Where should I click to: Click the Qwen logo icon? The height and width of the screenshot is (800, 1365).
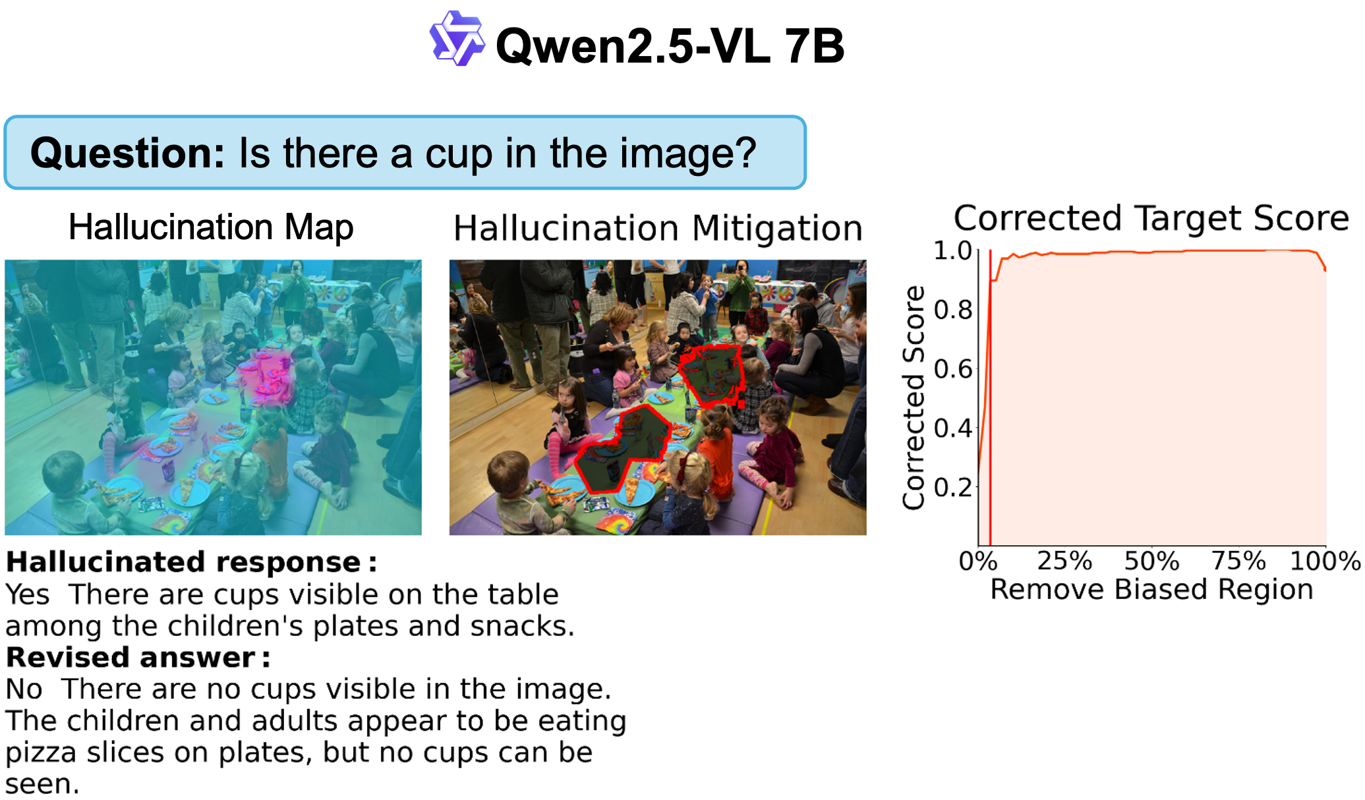point(457,38)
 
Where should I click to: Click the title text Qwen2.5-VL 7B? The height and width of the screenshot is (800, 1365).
point(670,45)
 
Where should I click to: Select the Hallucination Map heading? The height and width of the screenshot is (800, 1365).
point(211,227)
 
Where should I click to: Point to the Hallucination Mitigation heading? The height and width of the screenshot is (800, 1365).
point(658,228)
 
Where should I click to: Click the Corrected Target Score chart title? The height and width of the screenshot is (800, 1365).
point(1151,217)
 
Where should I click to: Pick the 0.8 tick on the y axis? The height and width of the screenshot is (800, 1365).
point(953,309)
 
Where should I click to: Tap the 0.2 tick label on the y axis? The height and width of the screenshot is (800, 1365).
point(953,487)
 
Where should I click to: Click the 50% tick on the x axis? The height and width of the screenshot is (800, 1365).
point(1151,561)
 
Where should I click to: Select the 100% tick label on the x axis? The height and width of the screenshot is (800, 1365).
point(1325,561)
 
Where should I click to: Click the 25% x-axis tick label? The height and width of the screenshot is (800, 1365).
point(1064,561)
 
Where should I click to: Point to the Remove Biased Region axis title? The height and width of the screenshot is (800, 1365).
point(1151,589)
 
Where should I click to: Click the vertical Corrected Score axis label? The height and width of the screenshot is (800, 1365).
point(914,397)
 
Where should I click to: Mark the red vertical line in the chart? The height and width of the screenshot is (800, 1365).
point(990,397)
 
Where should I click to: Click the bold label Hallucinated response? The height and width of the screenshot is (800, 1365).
point(191,562)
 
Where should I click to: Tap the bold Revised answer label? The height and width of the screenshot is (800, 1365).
point(138,657)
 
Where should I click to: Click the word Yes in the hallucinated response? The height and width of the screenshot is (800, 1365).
point(28,594)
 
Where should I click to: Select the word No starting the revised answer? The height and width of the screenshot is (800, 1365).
point(24,689)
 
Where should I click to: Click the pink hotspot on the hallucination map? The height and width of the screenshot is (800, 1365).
point(269,376)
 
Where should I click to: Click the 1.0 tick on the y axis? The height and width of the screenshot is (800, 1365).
point(953,250)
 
